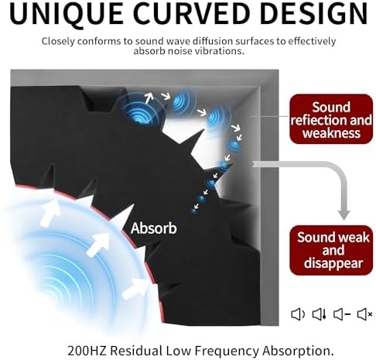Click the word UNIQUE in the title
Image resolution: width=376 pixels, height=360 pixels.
click(x=67, y=14)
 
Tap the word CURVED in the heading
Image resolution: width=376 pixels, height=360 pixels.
click(x=191, y=13)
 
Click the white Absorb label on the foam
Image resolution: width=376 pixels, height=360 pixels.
click(x=154, y=228)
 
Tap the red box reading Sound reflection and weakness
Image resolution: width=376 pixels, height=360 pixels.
click(x=331, y=119)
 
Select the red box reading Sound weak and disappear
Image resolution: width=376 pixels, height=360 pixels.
click(x=331, y=250)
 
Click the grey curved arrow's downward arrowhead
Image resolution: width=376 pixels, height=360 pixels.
click(x=344, y=215)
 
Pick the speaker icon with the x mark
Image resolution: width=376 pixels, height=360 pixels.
click(x=364, y=314)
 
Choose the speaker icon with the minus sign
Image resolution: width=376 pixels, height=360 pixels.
click(x=342, y=314)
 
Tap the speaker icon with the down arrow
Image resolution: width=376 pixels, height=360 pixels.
click(x=320, y=314)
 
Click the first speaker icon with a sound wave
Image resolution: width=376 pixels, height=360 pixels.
click(x=298, y=314)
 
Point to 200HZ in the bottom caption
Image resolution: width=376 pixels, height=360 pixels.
click(x=87, y=351)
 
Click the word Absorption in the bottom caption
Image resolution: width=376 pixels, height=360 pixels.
click(x=298, y=351)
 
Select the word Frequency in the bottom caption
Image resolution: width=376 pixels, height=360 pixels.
click(x=227, y=351)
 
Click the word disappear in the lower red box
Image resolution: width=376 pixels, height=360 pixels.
click(x=333, y=263)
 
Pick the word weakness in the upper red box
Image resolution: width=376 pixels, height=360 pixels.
click(x=331, y=132)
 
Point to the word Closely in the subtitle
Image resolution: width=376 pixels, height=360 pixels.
click(x=58, y=41)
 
